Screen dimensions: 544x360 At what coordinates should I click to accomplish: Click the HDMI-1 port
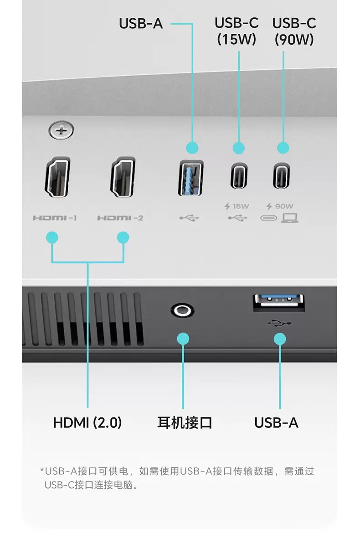[57, 178]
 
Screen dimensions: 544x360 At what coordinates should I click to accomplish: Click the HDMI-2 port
[123, 178]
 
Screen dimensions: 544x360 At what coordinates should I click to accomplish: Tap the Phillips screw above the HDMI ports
[61, 131]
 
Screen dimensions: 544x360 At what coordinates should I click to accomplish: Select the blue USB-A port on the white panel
[190, 178]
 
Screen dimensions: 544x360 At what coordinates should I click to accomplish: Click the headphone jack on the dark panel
[183, 311]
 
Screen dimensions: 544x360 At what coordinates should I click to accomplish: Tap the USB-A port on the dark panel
[279, 303]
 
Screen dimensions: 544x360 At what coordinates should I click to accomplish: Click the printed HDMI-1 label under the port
[54, 218]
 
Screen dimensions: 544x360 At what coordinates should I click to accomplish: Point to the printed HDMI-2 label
[120, 218]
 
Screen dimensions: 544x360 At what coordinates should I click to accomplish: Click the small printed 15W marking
[241, 207]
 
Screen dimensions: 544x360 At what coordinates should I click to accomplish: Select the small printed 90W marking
[284, 207]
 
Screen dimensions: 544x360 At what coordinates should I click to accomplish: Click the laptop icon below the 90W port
[290, 218]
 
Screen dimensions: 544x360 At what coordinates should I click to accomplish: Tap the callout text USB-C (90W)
[294, 31]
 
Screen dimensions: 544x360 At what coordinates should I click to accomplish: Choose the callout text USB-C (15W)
[237, 31]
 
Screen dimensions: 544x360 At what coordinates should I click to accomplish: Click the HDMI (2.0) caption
[87, 423]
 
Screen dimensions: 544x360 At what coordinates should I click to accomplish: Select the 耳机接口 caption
[185, 423]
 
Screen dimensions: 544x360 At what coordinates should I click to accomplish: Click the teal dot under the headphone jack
[183, 338]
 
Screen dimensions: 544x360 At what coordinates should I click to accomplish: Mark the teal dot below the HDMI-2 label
[123, 238]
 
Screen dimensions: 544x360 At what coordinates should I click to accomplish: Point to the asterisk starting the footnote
[42, 470]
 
